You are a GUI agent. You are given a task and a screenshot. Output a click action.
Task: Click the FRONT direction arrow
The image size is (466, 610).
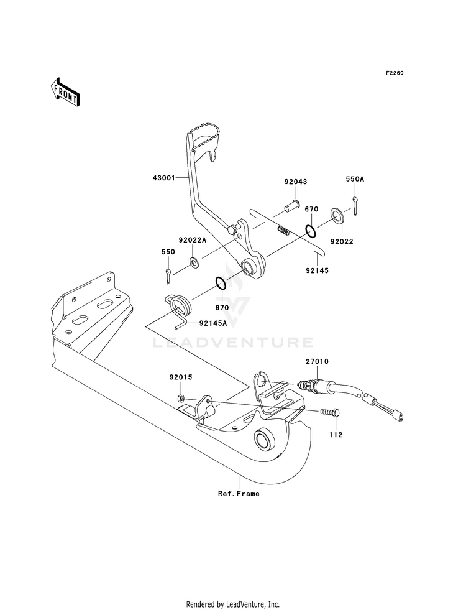(65, 92)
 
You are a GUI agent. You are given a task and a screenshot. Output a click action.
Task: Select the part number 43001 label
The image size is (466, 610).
(163, 178)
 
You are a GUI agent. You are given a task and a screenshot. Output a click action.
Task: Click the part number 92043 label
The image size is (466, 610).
(295, 182)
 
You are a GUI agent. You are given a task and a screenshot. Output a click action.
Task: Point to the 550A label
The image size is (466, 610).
(355, 179)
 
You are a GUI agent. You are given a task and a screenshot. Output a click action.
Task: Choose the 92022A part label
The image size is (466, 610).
(192, 240)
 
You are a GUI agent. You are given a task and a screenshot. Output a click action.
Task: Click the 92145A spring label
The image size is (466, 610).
(213, 323)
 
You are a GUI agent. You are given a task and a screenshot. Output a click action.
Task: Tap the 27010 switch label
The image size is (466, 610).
(317, 361)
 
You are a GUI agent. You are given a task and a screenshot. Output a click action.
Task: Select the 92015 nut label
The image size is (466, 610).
(181, 377)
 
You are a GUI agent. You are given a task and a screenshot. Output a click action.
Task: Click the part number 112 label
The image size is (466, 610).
(336, 435)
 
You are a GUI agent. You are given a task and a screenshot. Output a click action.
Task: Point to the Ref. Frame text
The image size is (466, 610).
(239, 494)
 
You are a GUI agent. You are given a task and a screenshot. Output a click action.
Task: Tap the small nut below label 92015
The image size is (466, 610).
(180, 398)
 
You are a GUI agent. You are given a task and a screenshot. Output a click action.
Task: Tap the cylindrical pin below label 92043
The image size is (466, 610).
(292, 205)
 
